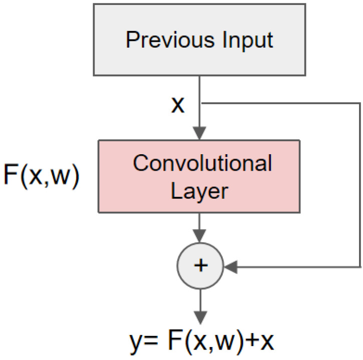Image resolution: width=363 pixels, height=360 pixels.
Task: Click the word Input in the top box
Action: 248,40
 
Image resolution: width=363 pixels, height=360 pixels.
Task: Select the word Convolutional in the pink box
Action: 202,164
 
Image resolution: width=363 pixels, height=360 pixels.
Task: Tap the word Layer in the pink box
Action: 200,190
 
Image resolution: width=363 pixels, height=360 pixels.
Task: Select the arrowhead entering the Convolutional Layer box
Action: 200,134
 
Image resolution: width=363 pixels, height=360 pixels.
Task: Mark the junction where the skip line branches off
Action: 200,104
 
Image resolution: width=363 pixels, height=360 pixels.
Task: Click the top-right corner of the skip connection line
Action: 359,104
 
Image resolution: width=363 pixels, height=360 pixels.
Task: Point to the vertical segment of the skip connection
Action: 359,185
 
